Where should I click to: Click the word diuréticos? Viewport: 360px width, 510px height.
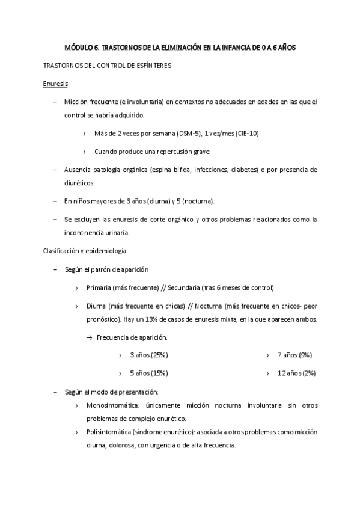tap(79, 182)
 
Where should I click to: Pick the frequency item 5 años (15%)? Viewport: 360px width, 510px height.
tap(148, 373)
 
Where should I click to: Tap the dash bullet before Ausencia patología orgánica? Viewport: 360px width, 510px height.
tap(56, 170)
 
